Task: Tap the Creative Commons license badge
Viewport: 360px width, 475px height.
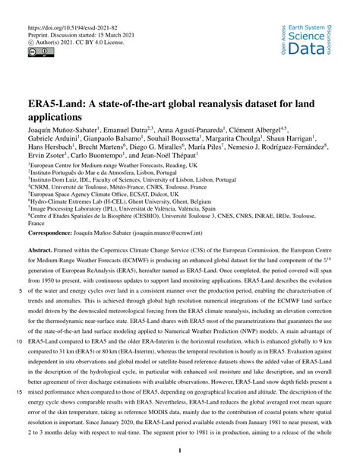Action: click(x=37, y=52)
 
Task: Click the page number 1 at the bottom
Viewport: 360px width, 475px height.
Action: click(x=179, y=450)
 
